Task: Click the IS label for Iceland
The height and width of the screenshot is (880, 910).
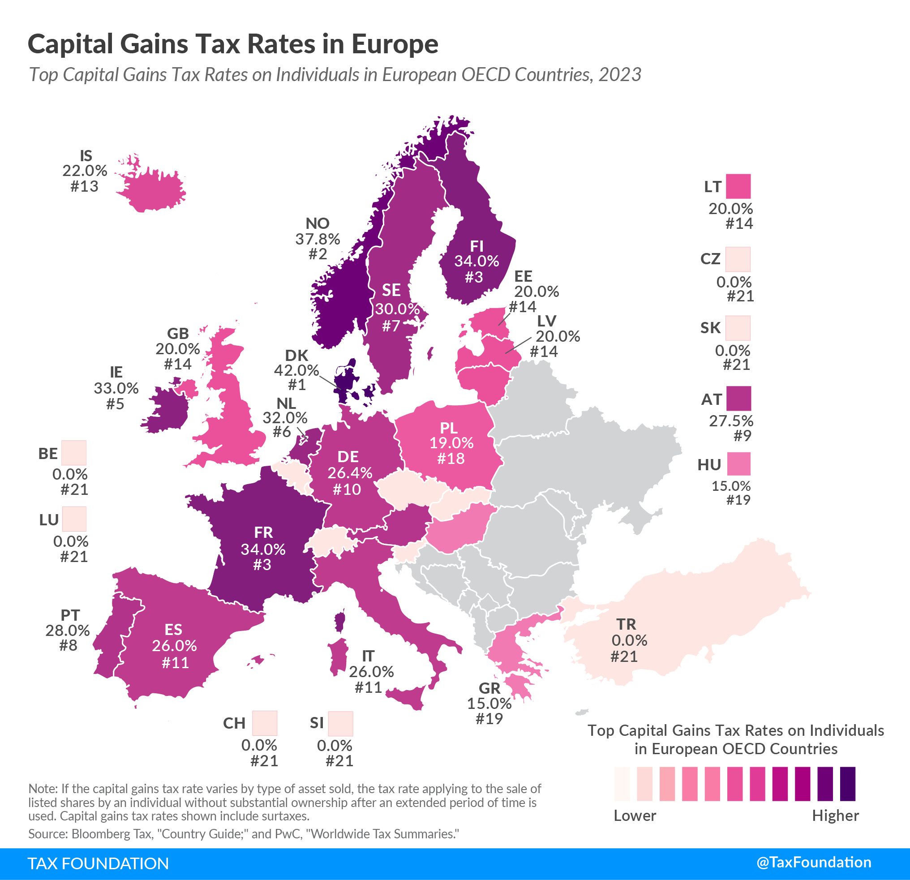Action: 86,155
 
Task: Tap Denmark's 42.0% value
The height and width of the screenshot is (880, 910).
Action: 296,370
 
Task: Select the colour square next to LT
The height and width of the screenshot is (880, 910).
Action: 738,186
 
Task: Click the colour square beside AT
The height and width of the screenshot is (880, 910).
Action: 738,399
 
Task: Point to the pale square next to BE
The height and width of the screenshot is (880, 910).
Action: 74,452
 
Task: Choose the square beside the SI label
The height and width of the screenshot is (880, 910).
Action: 340,723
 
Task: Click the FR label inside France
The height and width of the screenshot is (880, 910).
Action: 263,532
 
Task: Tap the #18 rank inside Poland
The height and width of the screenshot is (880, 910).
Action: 451,458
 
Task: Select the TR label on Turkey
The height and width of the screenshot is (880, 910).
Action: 626,624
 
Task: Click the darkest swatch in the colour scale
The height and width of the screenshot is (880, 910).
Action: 847,784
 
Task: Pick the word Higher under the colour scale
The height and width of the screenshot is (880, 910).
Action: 835,816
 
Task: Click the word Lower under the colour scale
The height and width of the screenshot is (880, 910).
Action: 635,816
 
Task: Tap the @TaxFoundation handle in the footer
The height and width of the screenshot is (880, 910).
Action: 813,863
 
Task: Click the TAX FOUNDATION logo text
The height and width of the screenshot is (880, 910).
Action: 99,863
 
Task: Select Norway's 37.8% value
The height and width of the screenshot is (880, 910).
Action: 318,239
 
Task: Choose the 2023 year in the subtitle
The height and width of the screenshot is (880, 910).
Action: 619,75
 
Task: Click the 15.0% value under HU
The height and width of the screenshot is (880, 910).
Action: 731,486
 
